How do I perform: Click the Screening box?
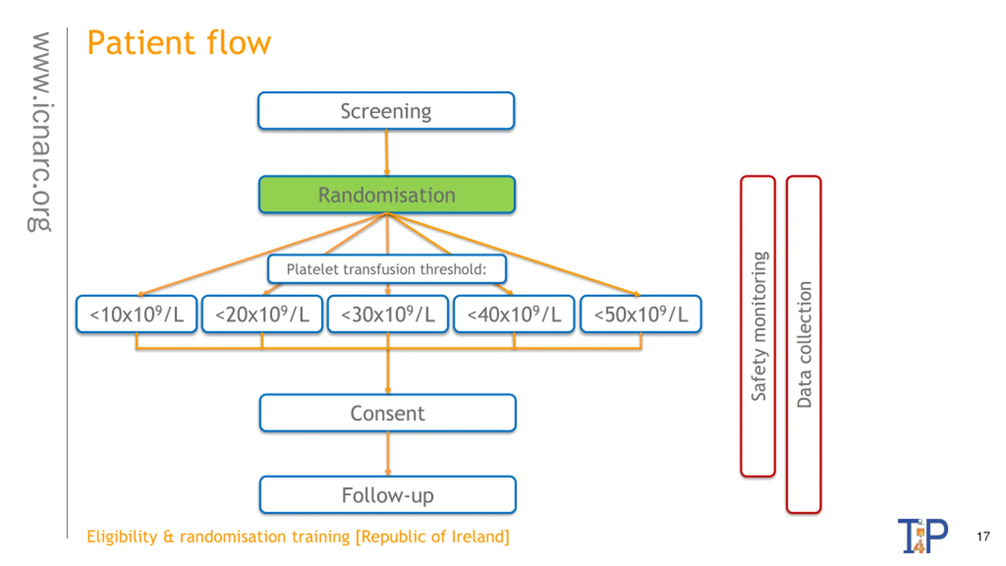(x=386, y=111)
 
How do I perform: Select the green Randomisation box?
(x=387, y=195)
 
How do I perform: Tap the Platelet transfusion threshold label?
(x=387, y=269)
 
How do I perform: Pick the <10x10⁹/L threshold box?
(x=136, y=314)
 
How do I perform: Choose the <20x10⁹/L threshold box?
(x=262, y=314)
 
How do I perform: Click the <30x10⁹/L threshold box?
(x=388, y=314)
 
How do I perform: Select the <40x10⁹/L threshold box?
(x=514, y=314)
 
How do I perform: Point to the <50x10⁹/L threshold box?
(x=641, y=314)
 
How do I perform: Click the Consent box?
(x=387, y=413)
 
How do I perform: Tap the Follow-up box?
(x=387, y=495)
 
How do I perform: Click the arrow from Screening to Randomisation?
(x=387, y=153)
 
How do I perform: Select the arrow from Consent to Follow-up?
(x=388, y=454)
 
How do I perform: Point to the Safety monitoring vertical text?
(x=758, y=326)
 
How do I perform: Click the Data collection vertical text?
(x=804, y=344)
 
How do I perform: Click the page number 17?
(x=983, y=537)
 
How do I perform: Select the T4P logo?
(x=923, y=535)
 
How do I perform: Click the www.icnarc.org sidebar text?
(x=40, y=132)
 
